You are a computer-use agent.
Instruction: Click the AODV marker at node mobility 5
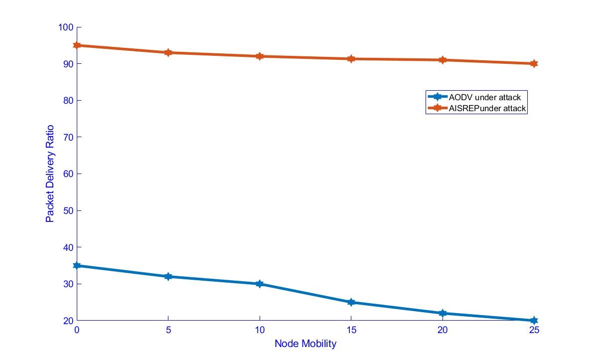coord(168,276)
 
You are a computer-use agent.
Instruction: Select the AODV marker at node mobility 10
coord(260,284)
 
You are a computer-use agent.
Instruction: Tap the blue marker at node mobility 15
coord(351,302)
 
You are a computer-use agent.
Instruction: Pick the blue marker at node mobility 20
coord(442,313)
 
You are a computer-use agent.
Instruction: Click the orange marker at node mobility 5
coord(168,52)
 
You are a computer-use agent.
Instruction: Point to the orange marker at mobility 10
coord(260,56)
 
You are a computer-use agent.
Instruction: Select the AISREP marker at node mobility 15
coord(351,59)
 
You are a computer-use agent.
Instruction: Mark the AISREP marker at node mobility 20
coord(442,60)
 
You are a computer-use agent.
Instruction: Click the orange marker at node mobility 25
coord(534,64)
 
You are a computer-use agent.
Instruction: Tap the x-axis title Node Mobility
coord(305,344)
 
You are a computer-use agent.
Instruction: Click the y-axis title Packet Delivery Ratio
coord(50,174)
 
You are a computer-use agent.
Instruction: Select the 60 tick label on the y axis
coord(68,174)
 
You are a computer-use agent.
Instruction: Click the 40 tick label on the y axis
coord(68,247)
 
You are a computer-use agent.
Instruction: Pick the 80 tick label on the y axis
coord(68,100)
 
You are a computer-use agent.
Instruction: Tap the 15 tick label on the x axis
coord(351,330)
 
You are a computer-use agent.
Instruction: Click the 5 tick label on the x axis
coord(168,330)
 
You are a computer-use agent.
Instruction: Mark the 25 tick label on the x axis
coord(534,330)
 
